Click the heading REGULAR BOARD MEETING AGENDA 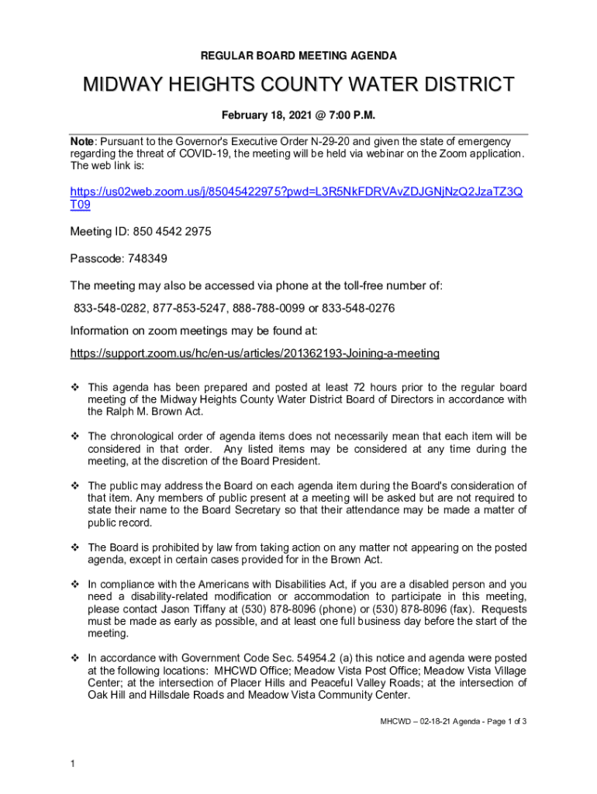click(x=298, y=56)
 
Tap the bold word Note click(x=81, y=142)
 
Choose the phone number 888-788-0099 click(x=267, y=309)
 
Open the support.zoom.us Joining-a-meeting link click(x=254, y=354)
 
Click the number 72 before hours click(x=359, y=387)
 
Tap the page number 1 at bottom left click(x=72, y=765)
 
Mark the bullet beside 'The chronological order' click(x=76, y=437)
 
